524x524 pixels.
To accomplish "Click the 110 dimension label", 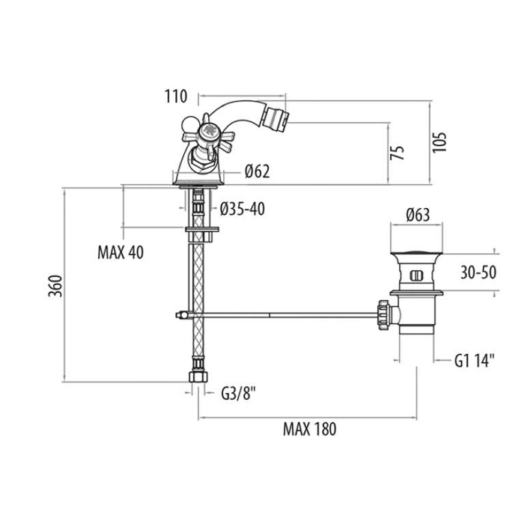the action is (x=176, y=97).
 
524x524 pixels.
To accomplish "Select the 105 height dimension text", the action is (x=439, y=142).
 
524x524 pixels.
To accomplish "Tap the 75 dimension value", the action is (x=397, y=153).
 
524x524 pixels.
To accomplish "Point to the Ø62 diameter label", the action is (x=257, y=171).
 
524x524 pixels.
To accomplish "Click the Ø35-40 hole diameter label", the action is (x=243, y=209).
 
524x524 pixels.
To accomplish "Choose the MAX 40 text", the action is (x=121, y=252).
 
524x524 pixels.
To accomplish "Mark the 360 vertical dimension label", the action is (x=55, y=286).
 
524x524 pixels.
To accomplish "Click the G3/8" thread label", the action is (x=239, y=393).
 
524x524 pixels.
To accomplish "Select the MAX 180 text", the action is (x=309, y=429).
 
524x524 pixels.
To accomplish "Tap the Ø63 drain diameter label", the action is (x=418, y=215).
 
